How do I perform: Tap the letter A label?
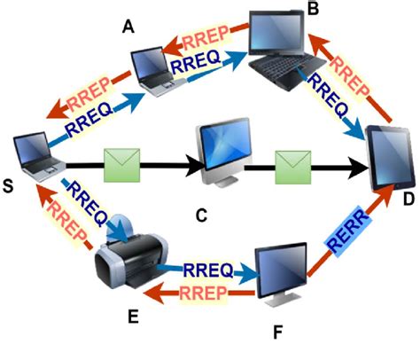[130, 27]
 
